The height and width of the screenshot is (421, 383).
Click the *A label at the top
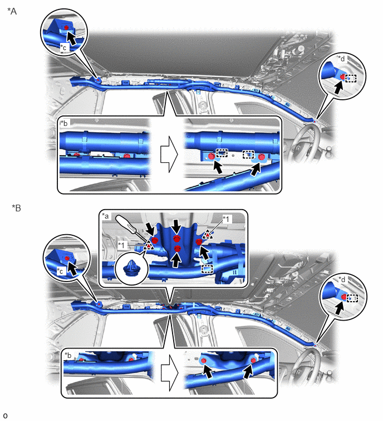click(x=12, y=11)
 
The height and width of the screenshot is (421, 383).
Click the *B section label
click(x=16, y=208)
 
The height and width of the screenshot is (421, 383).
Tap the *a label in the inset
click(x=106, y=216)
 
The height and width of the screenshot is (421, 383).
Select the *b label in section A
click(x=64, y=123)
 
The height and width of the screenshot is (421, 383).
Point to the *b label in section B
click(x=68, y=355)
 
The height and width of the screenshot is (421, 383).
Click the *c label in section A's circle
click(x=63, y=47)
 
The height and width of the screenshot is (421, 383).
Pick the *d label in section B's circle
click(x=341, y=279)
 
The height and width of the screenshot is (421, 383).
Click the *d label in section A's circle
click(x=341, y=58)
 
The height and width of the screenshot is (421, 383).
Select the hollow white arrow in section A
click(x=169, y=154)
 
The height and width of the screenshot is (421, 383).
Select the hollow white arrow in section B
click(x=170, y=372)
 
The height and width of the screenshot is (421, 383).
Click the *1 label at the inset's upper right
click(x=226, y=219)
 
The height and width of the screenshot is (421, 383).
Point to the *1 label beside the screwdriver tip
click(x=122, y=245)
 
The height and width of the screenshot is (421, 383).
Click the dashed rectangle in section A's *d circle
click(x=351, y=79)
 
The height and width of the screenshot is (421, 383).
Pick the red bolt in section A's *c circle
click(x=66, y=27)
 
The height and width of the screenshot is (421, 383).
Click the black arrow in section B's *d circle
click(x=340, y=308)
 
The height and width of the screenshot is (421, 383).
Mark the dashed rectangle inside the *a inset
click(x=207, y=269)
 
